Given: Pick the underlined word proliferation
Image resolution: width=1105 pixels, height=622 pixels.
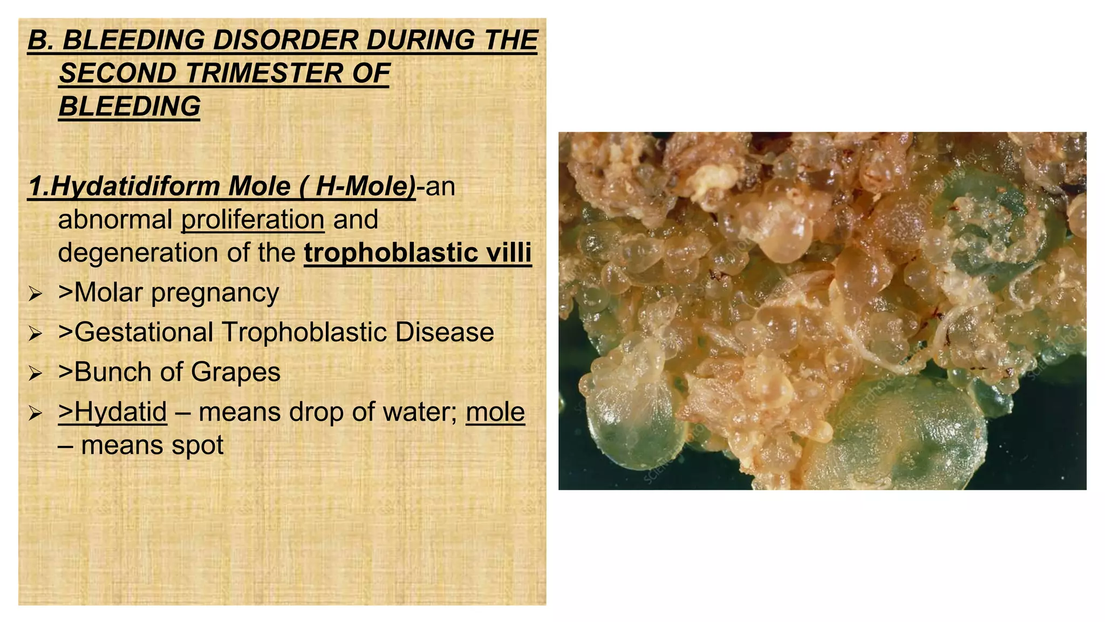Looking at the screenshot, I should pos(253,220).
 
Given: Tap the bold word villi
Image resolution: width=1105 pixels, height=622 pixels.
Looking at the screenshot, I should pos(509,253).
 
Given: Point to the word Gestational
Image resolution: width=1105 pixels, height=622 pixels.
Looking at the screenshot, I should pos(144,333).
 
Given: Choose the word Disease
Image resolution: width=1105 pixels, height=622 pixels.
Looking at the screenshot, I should pos(444,333).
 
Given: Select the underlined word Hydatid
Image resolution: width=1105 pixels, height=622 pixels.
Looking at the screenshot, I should pos(120,413).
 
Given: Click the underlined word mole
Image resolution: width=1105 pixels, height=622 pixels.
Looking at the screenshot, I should pos(495,413).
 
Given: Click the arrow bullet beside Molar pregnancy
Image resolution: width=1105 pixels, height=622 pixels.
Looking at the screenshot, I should pos(36,294).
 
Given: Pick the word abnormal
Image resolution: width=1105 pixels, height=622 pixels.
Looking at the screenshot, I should pos(115,220).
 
